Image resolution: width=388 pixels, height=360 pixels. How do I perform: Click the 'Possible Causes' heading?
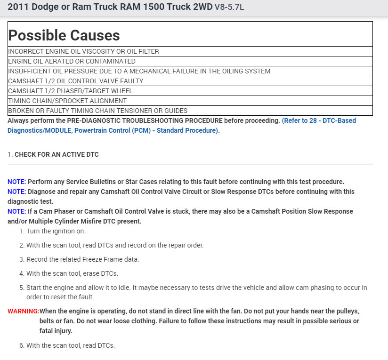click(64, 35)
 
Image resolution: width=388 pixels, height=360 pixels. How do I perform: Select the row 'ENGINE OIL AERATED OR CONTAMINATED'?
click(72, 61)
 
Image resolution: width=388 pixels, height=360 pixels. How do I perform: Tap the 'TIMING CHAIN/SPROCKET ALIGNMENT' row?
click(67, 101)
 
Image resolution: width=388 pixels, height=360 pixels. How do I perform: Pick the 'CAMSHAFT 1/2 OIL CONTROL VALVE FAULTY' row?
click(76, 81)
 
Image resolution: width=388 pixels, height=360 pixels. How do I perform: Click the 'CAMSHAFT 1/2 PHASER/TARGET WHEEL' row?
click(70, 91)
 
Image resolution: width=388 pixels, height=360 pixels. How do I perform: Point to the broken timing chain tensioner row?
click(98, 111)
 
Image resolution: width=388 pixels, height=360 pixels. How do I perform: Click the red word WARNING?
click(23, 311)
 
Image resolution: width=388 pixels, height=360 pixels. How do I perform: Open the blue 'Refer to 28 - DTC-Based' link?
click(319, 120)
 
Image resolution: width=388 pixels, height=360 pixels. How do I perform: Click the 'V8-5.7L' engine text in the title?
click(229, 8)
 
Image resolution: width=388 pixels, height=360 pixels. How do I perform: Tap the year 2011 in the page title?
click(17, 7)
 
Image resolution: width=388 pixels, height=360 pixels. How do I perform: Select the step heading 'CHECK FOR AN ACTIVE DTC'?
click(57, 154)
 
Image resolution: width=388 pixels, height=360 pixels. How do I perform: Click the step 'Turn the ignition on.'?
click(56, 231)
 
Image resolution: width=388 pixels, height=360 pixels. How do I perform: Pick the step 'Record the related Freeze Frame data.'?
click(82, 259)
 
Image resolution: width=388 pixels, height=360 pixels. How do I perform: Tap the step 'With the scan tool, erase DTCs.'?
click(72, 273)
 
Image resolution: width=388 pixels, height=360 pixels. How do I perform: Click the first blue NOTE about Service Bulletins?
click(17, 182)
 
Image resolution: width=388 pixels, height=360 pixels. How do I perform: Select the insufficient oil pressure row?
click(139, 71)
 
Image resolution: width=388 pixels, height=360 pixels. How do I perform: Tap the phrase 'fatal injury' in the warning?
click(56, 331)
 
